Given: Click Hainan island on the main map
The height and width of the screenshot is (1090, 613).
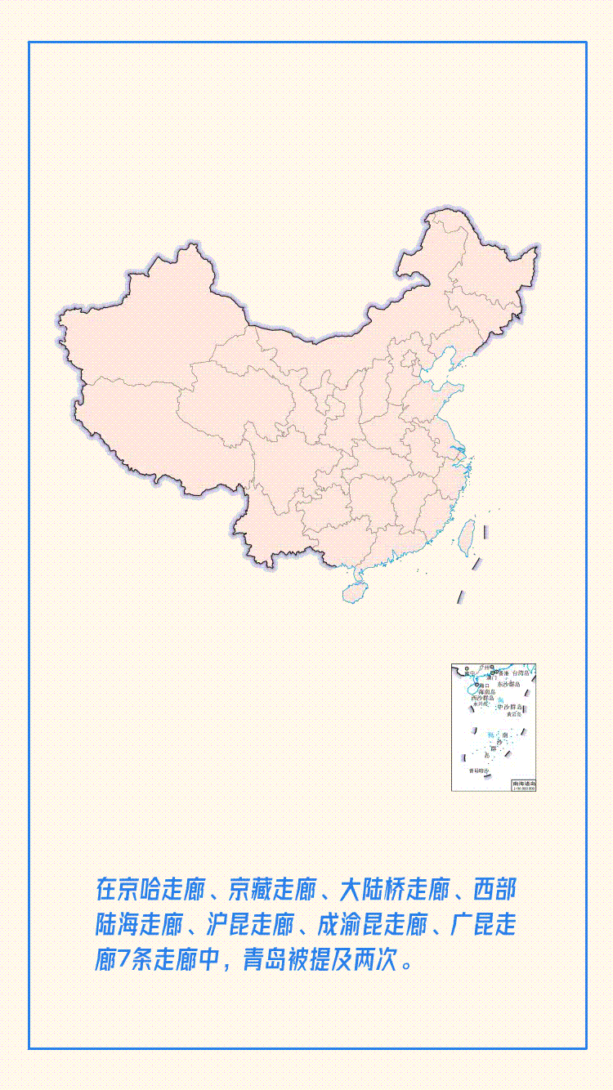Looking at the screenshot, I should click(355, 589).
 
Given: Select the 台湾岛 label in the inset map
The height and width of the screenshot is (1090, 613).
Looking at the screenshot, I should click(521, 673).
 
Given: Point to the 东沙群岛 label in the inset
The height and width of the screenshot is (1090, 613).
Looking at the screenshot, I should click(508, 683).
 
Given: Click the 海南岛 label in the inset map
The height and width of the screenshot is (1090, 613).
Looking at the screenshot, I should click(486, 691).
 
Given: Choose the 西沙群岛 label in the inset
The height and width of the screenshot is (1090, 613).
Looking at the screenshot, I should click(482, 699).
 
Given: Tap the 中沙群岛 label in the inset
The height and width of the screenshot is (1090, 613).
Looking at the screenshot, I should click(510, 707).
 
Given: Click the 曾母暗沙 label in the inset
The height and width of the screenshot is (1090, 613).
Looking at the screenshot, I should click(478, 771).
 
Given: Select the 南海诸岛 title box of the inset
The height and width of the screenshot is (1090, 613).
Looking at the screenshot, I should click(524, 784).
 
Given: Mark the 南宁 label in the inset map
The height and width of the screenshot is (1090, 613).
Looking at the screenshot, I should click(468, 673).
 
